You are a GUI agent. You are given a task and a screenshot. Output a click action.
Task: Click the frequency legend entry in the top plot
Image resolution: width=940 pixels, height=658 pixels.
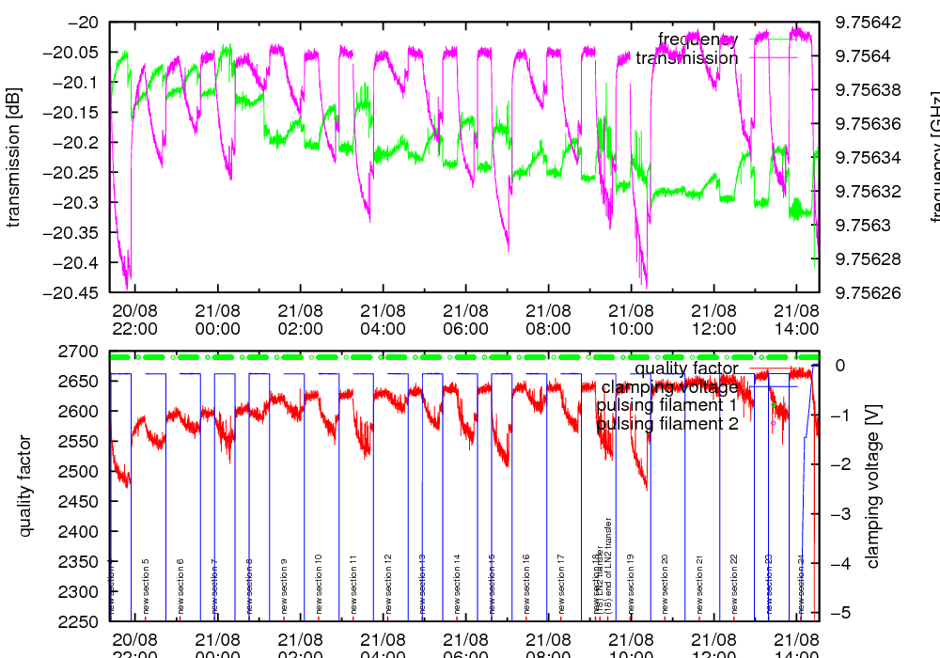tap(697, 39)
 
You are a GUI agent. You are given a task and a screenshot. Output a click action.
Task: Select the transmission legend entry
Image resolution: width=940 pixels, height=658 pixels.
tap(686, 58)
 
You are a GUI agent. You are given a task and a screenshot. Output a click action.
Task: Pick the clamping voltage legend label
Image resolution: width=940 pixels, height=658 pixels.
tap(669, 387)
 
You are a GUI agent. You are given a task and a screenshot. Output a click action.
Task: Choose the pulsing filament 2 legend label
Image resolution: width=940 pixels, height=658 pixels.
tap(667, 424)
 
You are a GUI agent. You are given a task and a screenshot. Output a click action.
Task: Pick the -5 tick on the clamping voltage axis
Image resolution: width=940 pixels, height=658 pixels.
tap(839, 613)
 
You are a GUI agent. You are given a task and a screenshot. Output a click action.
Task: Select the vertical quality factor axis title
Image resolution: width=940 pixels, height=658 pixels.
tap(26, 486)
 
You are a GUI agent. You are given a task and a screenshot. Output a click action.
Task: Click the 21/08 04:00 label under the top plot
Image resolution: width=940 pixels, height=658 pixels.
tap(383, 319)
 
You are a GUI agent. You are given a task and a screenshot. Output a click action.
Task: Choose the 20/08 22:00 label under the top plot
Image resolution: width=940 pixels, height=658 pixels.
tap(135, 319)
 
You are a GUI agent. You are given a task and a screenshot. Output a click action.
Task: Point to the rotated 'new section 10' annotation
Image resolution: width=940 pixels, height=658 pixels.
tap(319, 584)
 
